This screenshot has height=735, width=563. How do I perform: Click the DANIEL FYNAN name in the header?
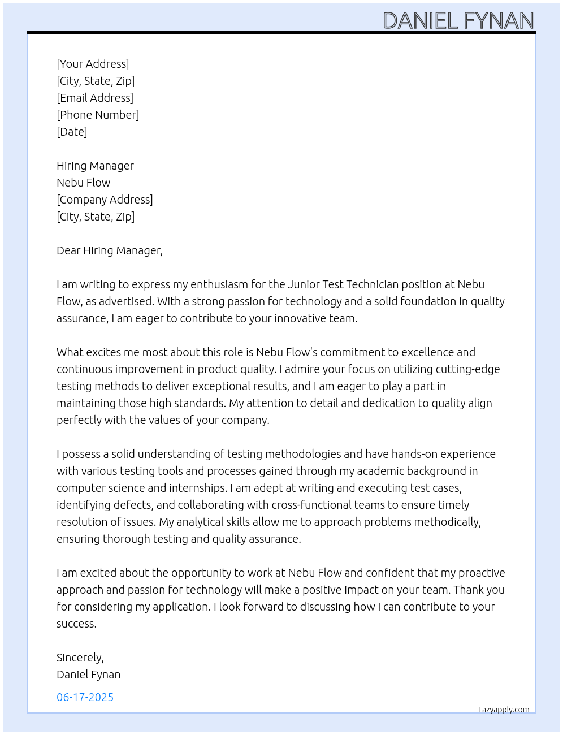coord(458,21)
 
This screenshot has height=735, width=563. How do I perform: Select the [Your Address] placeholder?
coord(93,64)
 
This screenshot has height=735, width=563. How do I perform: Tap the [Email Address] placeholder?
coord(95,98)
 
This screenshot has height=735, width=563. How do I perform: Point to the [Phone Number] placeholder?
coord(98,115)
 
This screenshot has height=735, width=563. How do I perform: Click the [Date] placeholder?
coord(72,132)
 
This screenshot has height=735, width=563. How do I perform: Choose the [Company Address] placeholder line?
coord(105,200)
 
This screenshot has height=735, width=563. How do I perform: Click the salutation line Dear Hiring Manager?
coord(110,250)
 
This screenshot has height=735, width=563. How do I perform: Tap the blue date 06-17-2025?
coord(85,697)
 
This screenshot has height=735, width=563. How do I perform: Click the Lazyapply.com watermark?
coord(504,710)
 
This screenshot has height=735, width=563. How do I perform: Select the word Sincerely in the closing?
coord(79,658)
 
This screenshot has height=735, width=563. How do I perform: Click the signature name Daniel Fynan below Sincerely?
coord(88,675)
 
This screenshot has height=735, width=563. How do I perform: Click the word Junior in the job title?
coord(304,284)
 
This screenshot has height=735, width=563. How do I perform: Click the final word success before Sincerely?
coord(76,624)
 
